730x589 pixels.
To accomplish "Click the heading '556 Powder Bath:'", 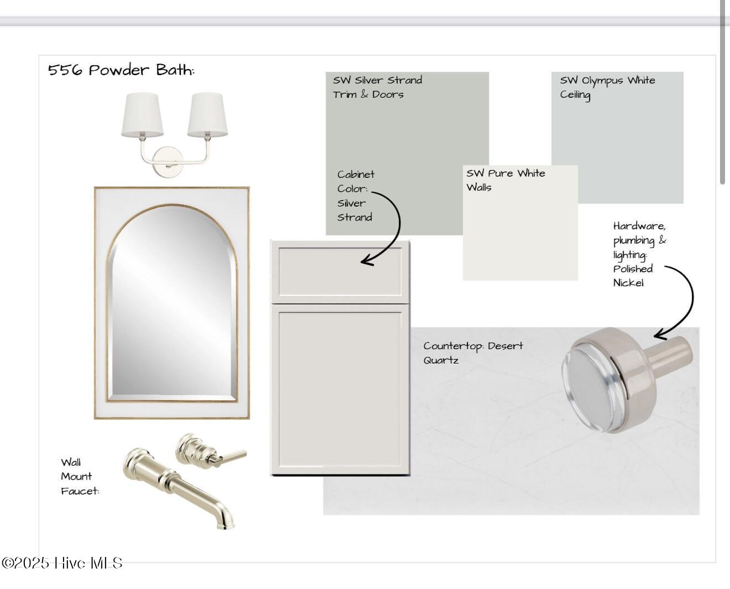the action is (121, 70).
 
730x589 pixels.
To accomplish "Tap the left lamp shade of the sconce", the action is (142, 115).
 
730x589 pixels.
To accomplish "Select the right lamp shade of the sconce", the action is (207, 115).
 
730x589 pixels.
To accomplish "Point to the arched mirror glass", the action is (172, 303).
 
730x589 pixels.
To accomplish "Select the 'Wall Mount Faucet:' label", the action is (80, 476).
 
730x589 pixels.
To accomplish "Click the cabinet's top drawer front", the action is (340, 272).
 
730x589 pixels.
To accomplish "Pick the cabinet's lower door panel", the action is (340, 390).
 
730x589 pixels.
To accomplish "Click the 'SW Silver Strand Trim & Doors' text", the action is (377, 87).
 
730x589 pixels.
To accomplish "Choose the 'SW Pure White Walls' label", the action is (505, 180).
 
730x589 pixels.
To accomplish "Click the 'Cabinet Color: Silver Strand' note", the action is (356, 196).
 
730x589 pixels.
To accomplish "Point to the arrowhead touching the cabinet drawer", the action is (366, 261).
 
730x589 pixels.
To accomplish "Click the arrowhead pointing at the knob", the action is (659, 334).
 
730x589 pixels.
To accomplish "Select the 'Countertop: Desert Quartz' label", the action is (473, 353).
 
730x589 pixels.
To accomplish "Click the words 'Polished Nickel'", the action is (633, 276).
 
